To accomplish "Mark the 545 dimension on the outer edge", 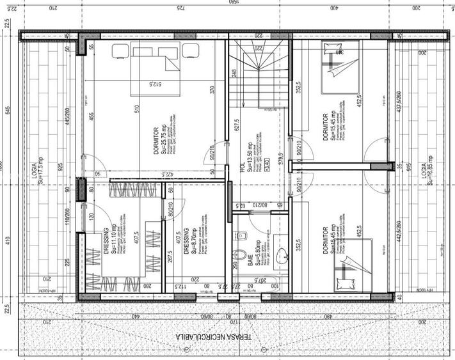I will click(x=8, y=109).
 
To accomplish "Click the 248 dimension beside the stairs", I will click(x=235, y=74).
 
